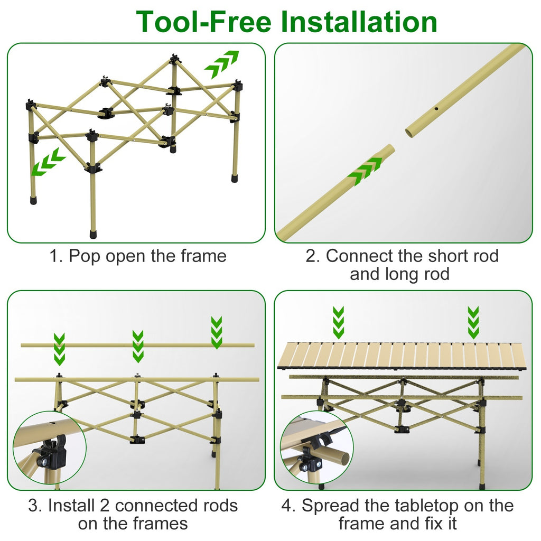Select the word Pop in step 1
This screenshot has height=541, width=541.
click(86, 256)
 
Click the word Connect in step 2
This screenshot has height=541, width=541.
click(360, 256)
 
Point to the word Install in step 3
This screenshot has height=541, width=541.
click(72, 506)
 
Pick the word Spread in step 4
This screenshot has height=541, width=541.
click(327, 506)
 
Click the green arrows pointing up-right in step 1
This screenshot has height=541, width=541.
click(222, 64)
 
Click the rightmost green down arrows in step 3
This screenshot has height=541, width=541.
click(217, 332)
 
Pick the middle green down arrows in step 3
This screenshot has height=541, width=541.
click(138, 346)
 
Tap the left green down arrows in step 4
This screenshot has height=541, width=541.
click(339, 322)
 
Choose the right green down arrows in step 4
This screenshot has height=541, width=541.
click(473, 322)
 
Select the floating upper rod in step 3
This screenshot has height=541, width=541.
click(137, 345)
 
